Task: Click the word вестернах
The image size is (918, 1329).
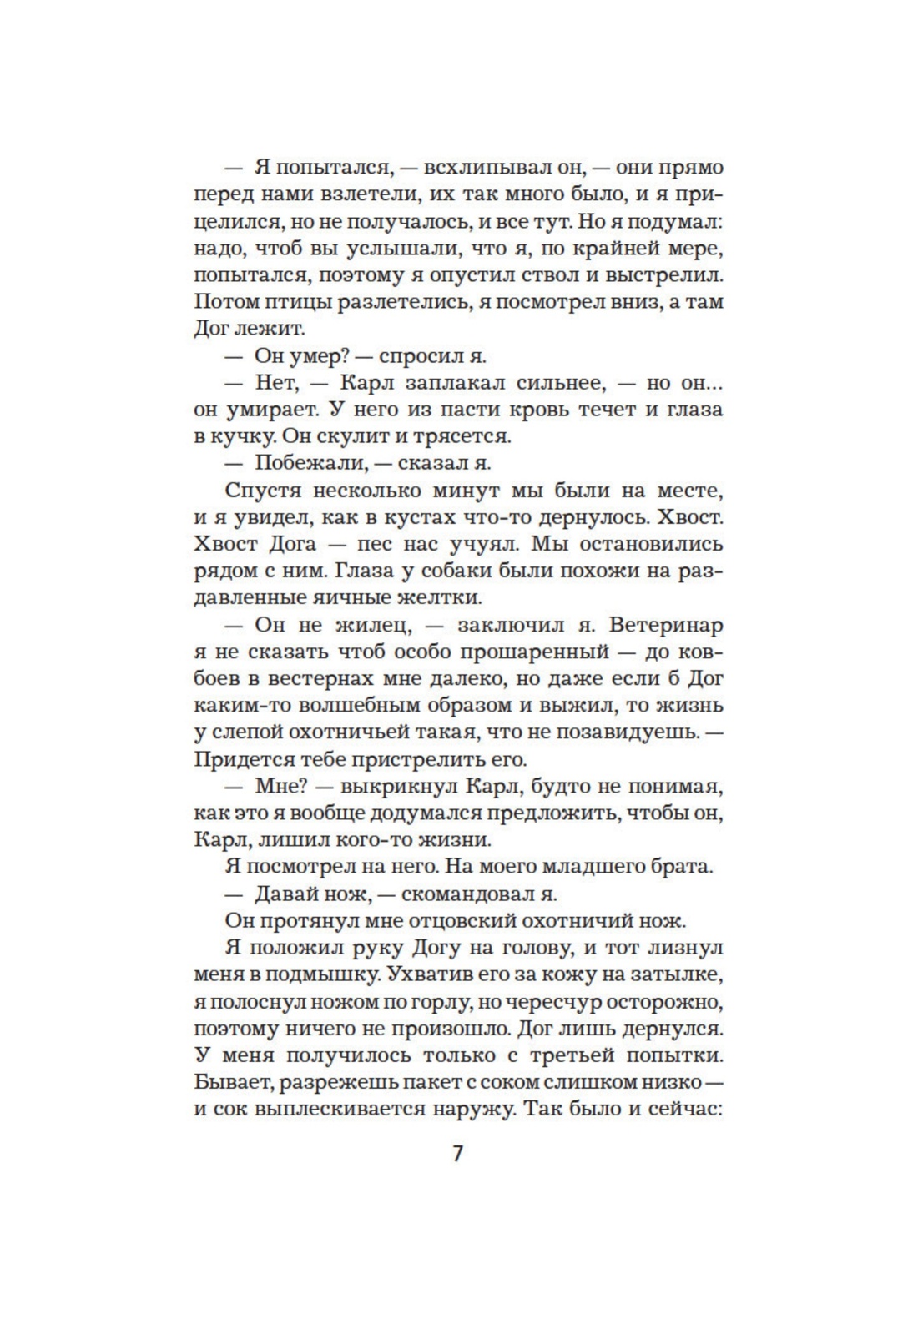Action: [332, 678]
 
